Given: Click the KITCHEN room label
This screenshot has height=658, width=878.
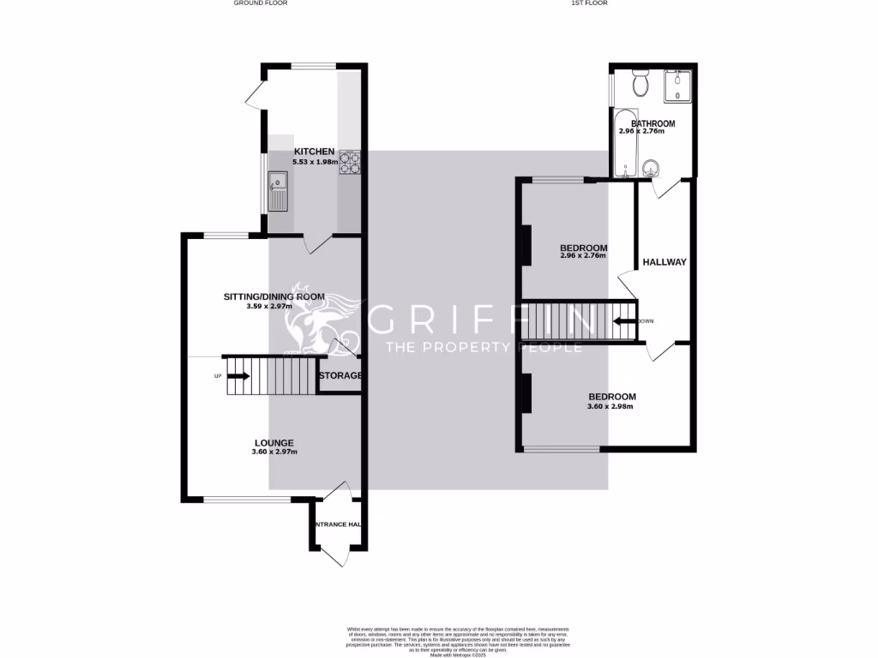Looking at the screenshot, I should tap(290, 152).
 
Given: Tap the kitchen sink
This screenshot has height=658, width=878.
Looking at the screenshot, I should tap(278, 190).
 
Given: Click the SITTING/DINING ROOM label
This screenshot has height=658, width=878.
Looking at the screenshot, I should tap(274, 296).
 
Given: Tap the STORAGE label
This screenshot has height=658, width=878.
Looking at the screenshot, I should tap(340, 375).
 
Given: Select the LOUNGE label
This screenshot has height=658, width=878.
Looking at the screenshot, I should tap(274, 443).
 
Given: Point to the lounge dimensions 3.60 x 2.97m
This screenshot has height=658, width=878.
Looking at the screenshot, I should tap(274, 452).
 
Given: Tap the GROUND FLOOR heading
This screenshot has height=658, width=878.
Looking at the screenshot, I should tap(261, 3).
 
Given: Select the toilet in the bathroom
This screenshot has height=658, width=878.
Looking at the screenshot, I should tap(639, 84).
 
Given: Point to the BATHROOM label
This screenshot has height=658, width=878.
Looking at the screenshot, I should tap(653, 123).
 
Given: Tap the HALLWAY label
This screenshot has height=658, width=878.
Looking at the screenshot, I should tap(665, 262).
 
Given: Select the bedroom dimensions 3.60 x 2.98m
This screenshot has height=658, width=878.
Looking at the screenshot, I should tap(611, 406).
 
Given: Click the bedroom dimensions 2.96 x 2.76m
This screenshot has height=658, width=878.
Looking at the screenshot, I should tap(583, 256).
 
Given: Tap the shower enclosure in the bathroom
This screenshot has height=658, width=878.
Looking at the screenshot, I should tap(678, 86).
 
